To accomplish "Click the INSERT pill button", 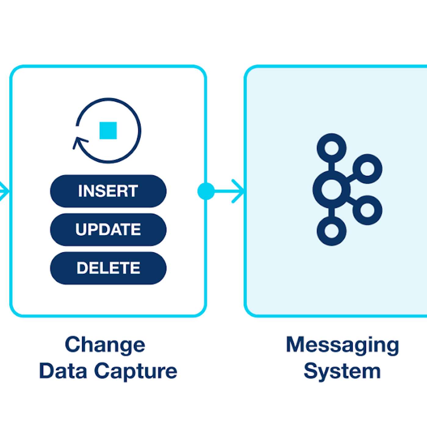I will point(108,191).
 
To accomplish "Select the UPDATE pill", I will point(108,230).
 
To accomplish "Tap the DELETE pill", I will point(108,268).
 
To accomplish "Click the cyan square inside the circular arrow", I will point(108,131).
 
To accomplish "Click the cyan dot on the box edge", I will point(206,191).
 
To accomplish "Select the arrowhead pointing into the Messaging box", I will point(239,191).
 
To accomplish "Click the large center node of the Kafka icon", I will point(332,189).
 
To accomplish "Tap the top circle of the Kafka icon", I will point(332,148).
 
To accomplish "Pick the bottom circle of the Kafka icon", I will point(332,231).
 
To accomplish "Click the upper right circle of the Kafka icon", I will point(367,169).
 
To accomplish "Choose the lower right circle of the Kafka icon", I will point(367,210).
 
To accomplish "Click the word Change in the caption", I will point(105,345).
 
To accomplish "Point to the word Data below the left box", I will point(63,371).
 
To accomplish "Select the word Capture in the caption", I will point(135,371).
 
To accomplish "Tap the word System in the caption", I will point(342,371).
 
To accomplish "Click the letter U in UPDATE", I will point(81,230).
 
